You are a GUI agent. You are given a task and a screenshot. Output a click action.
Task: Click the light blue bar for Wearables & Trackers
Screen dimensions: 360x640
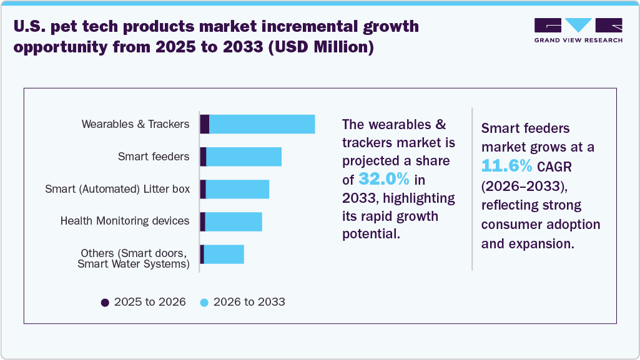pos(262,124)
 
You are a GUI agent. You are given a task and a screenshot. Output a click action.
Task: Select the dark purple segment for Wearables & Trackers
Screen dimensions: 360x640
pos(204,124)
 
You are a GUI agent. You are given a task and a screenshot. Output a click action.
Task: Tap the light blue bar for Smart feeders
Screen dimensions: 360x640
pos(244,157)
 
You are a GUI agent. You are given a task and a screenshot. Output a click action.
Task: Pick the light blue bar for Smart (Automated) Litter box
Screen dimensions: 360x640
pos(237,189)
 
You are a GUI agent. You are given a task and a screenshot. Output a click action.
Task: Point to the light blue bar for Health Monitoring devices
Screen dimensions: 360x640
pos(234,221)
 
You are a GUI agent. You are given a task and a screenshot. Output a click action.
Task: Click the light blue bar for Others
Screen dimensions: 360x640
pos(224,254)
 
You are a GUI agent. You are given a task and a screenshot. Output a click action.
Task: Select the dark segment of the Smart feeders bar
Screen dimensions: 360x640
pos(203,157)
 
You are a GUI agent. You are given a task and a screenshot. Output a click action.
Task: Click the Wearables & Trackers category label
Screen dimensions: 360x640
pos(135,124)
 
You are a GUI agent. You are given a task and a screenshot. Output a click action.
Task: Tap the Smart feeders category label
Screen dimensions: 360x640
pos(154,157)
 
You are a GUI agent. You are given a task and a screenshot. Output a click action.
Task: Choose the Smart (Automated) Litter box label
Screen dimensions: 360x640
pos(117,189)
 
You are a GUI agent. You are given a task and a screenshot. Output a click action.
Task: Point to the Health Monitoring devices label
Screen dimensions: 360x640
pos(125,221)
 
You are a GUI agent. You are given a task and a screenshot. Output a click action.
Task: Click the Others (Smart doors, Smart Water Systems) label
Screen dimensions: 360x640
pos(134,258)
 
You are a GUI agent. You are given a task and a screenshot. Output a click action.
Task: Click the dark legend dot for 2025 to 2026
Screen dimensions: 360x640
pos(105,302)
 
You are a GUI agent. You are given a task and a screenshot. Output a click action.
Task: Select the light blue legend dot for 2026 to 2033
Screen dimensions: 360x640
pos(204,302)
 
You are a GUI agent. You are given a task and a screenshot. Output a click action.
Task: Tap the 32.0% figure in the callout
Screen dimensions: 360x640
pos(384,179)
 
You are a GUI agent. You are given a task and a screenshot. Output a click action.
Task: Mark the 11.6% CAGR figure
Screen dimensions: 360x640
pos(507,166)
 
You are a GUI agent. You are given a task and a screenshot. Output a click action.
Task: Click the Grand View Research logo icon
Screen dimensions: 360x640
pos(578,25)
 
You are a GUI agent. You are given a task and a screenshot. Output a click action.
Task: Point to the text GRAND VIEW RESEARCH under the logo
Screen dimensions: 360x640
pos(578,41)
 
